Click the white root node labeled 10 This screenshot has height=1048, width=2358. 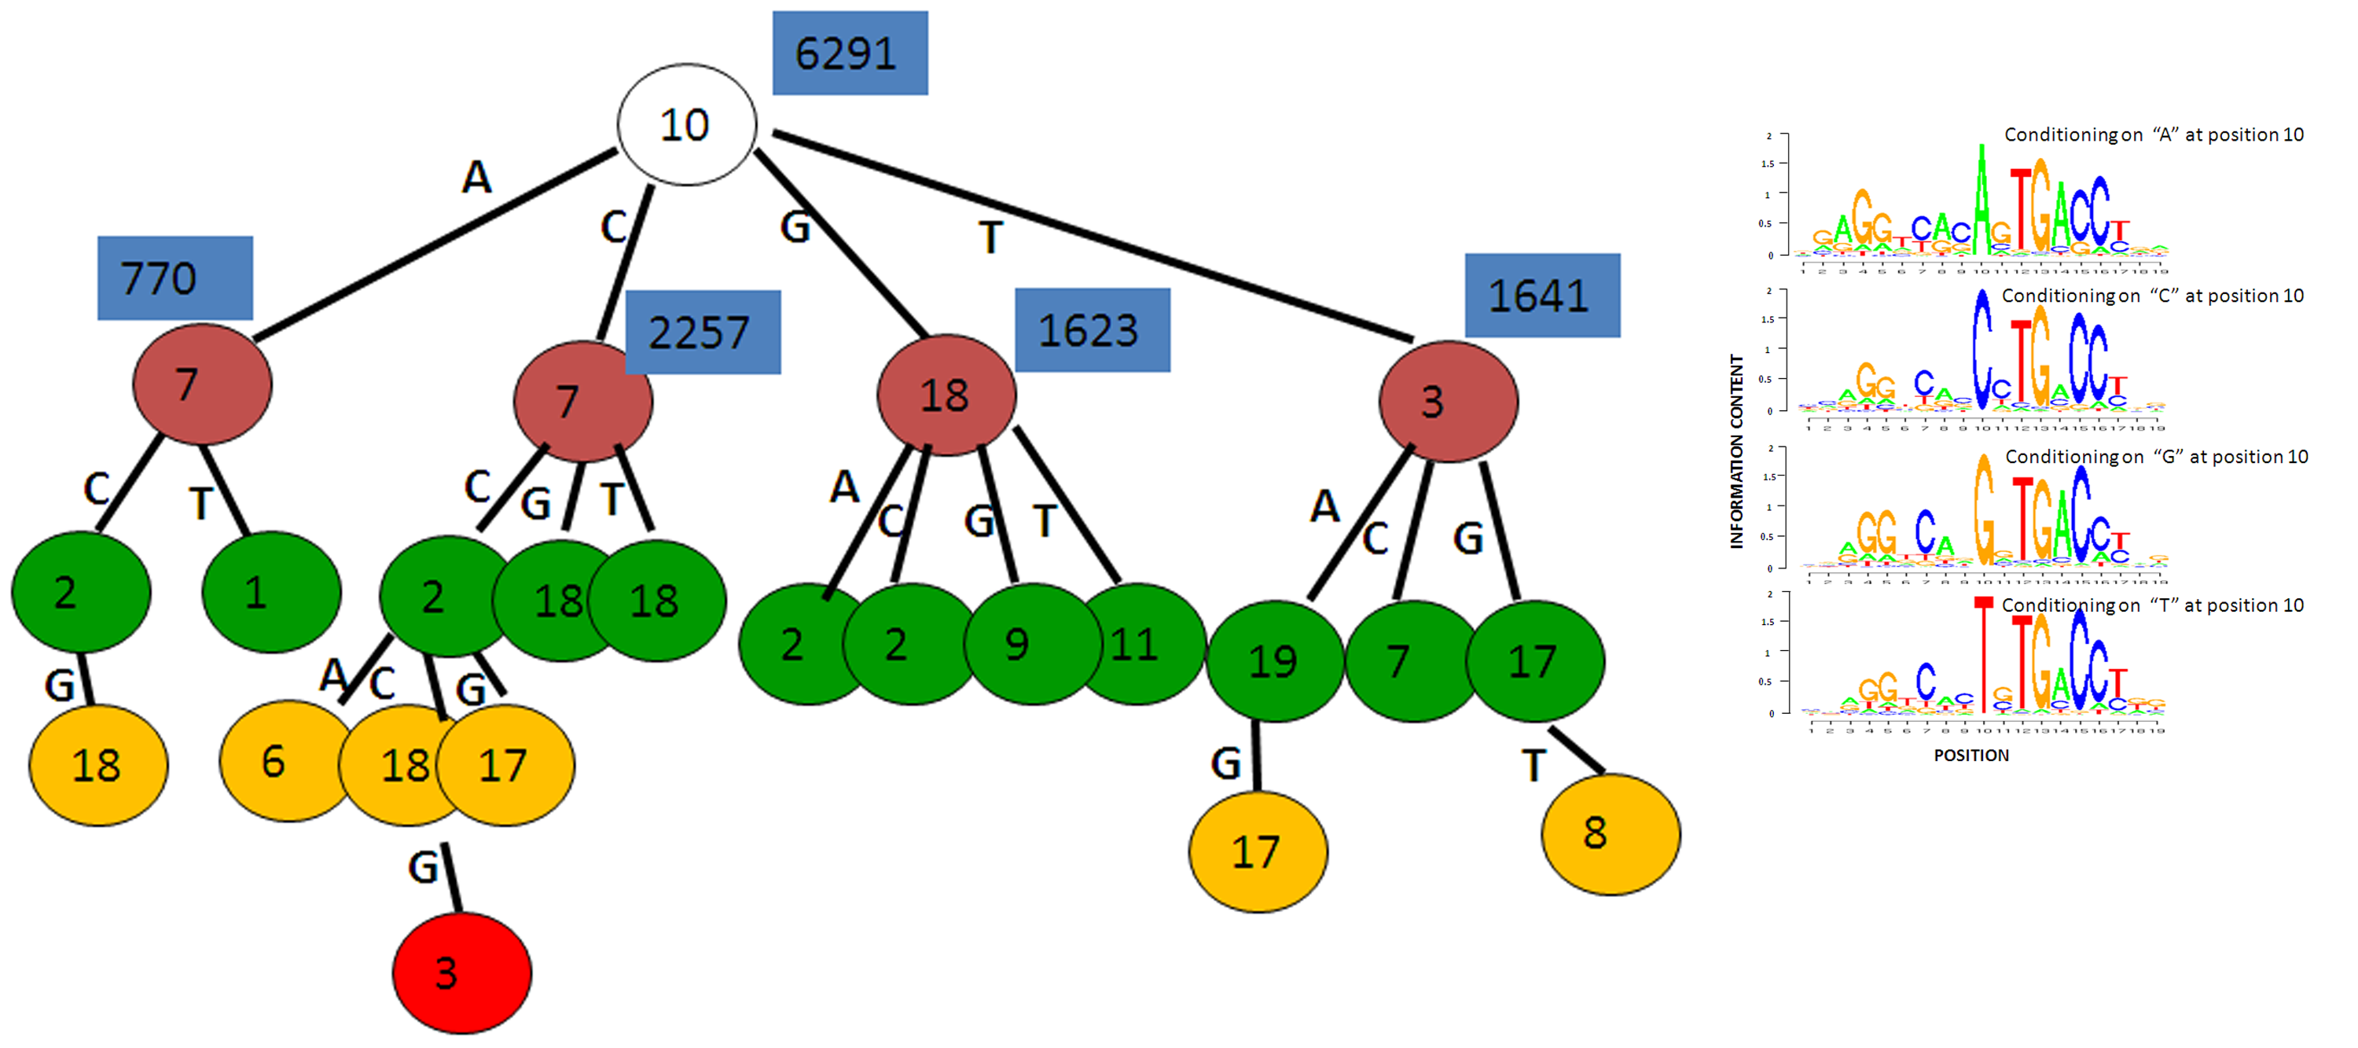[686, 124]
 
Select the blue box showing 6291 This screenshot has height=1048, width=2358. [850, 53]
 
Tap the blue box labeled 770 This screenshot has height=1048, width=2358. [174, 278]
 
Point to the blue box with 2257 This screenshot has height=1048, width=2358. [702, 333]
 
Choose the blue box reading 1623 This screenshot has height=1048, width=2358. [1092, 330]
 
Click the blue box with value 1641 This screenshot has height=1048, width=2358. [1541, 296]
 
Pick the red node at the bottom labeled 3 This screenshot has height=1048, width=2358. [461, 972]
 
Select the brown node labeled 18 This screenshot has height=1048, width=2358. [946, 395]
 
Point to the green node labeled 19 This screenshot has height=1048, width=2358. [1275, 661]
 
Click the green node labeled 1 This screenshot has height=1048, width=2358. [271, 592]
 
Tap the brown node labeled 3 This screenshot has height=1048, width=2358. [1448, 402]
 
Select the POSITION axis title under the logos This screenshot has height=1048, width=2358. [1971, 755]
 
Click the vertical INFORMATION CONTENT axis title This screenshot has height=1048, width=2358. [1736, 451]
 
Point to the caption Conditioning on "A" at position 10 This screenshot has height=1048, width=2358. [2153, 134]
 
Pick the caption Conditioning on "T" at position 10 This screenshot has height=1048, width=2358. [2152, 605]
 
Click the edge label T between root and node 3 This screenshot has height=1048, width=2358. [990, 238]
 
